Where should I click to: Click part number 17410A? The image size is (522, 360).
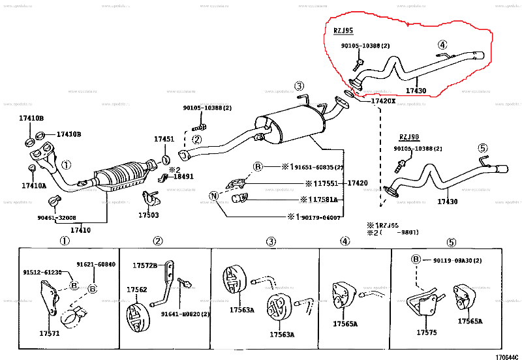click(34, 186)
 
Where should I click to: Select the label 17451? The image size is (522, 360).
click(164, 139)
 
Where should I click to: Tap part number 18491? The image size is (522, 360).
click(183, 177)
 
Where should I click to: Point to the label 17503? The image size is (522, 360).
click(149, 215)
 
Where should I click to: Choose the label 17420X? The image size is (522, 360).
click(383, 101)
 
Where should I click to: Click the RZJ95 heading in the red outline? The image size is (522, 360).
click(344, 31)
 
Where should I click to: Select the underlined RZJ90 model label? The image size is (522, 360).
click(409, 137)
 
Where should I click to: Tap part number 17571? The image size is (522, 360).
click(49, 333)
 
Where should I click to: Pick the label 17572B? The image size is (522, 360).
click(145, 265)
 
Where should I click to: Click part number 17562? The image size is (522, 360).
click(136, 290)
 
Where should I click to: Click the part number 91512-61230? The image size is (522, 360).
click(44, 273)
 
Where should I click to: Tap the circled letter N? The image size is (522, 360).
click(213, 196)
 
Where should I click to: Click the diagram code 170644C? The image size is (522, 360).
click(507, 356)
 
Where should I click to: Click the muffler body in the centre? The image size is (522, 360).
click(292, 124)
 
